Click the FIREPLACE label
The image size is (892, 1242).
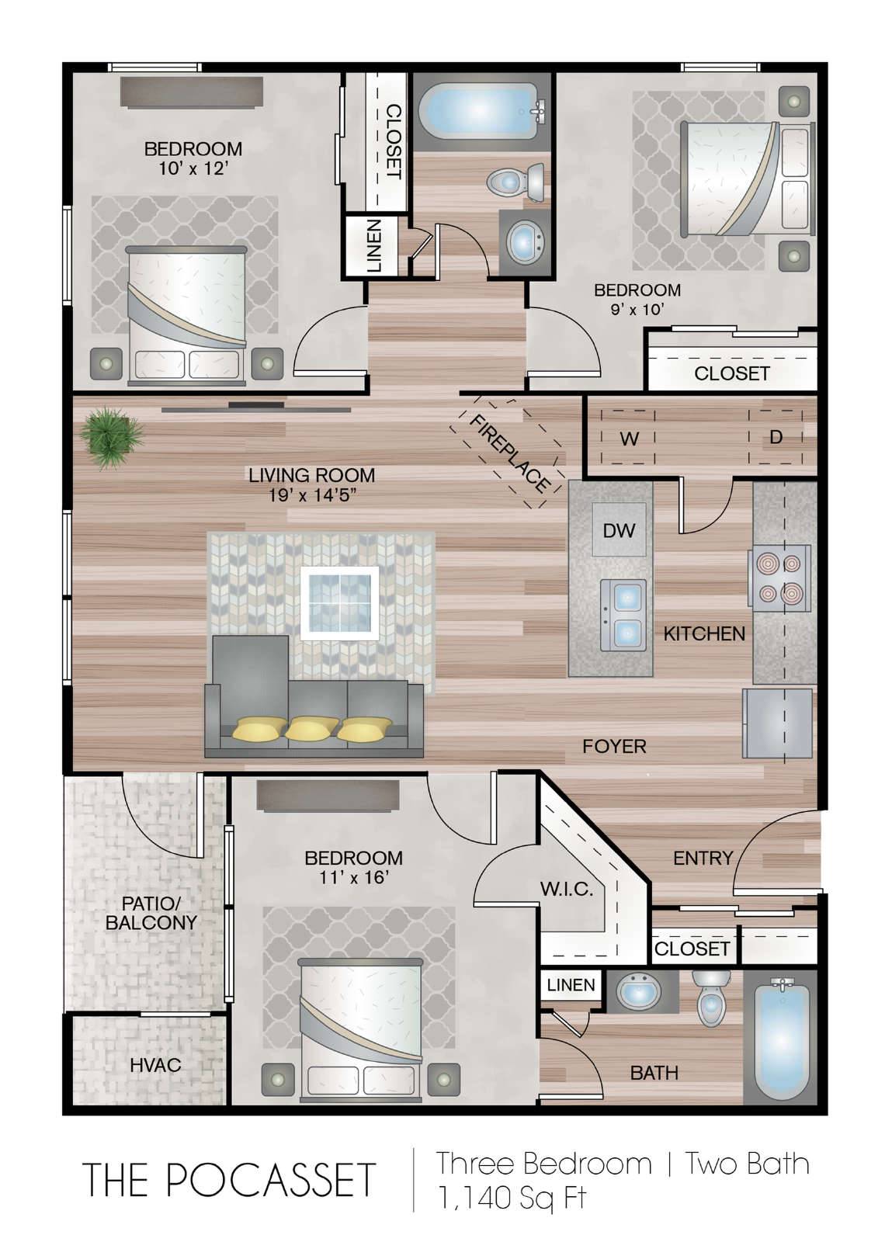510,453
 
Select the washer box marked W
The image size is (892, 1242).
628,438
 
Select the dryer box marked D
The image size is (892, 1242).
776,438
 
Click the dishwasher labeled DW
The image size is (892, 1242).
619,530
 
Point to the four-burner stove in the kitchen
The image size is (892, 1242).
780,578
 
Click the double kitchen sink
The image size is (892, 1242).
623,615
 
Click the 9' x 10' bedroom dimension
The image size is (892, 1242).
637,309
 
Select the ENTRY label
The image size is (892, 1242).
703,859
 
